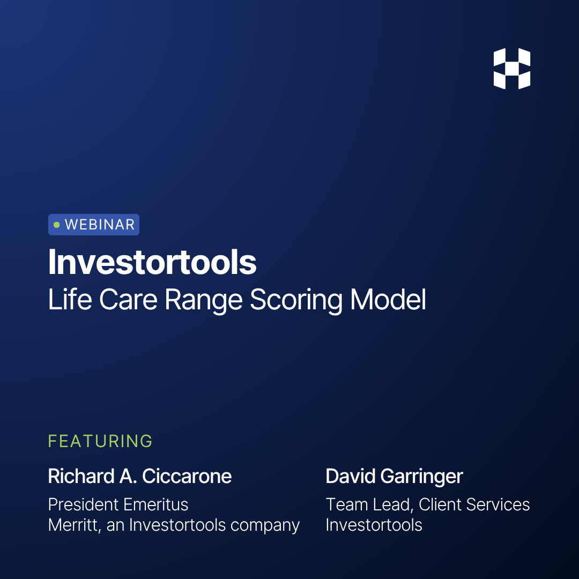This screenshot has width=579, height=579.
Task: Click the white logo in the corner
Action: pos(511,69)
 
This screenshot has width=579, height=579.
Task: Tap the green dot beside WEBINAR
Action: pos(57,225)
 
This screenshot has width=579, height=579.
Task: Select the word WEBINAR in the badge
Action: pos(100,225)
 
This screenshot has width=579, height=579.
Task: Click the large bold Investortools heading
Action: pos(152,262)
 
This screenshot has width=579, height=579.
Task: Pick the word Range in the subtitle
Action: pos(203,300)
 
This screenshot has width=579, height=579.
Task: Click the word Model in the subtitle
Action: pos(388,300)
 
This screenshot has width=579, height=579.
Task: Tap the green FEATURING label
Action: pos(100,441)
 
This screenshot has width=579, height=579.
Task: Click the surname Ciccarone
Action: pos(187,476)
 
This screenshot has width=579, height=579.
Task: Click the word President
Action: pos(83,504)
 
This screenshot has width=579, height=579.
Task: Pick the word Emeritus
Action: pos(155,504)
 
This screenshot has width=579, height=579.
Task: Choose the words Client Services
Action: pos(474,504)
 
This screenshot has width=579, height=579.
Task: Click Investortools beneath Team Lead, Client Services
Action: pos(374,525)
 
